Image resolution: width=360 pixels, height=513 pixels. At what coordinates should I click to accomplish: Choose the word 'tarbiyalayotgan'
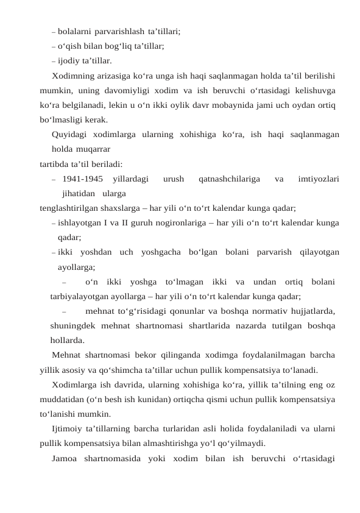(x=80, y=297)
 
